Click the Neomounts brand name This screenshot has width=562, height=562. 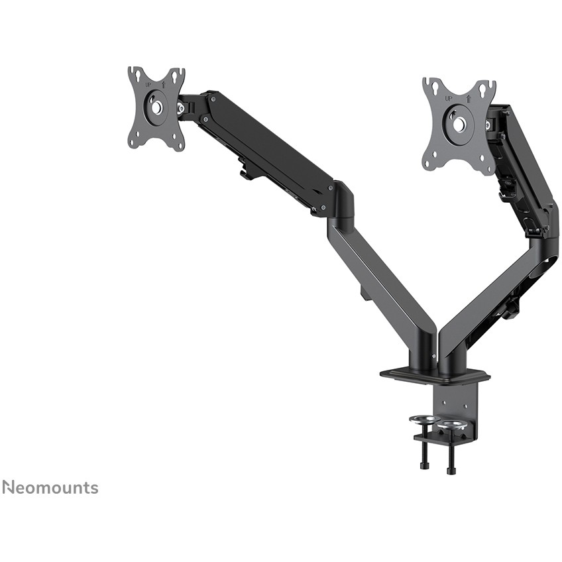pos(50,488)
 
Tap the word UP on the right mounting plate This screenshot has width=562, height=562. pos(449,99)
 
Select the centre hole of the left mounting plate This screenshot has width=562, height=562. pos(156,107)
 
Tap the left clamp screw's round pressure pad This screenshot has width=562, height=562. pos(423,420)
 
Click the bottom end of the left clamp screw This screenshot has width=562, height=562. pos(424,465)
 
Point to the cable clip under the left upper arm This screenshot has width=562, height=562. pos(247,172)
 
